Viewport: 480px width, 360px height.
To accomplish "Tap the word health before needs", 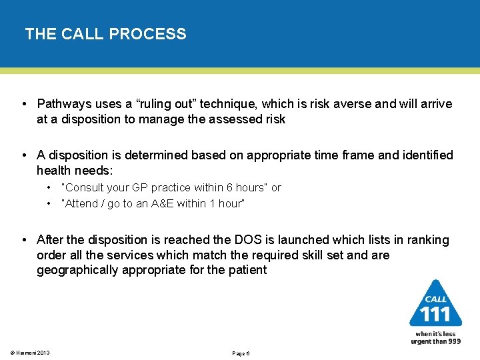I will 55,171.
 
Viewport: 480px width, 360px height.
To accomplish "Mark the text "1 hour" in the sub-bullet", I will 226,203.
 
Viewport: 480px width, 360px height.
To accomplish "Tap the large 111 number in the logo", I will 435,313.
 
